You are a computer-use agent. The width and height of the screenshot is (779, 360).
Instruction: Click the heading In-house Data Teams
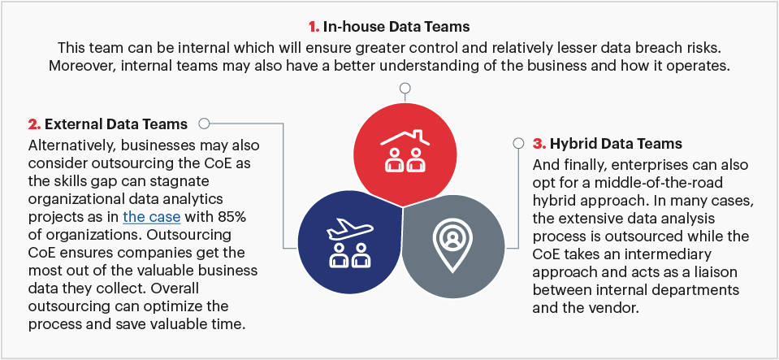(396, 27)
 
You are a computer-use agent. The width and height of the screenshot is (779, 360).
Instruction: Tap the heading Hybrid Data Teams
(616, 144)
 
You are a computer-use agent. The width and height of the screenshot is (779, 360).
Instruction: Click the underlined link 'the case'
(152, 217)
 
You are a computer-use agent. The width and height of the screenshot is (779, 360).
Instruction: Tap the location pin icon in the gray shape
(452, 244)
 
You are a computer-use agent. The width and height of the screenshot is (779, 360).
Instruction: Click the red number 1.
(314, 27)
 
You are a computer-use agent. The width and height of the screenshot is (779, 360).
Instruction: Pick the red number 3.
(539, 144)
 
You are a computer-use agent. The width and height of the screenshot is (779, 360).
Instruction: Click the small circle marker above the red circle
(405, 89)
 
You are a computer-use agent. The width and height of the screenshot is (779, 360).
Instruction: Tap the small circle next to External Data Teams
(204, 124)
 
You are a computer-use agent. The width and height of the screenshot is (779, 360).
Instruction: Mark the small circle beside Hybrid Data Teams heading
(519, 144)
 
